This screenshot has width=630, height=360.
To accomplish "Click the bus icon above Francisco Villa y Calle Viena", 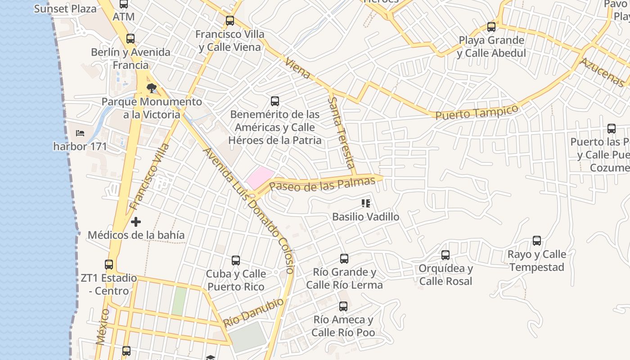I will tap(230, 21).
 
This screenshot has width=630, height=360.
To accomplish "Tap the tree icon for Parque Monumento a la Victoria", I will tap(152, 88).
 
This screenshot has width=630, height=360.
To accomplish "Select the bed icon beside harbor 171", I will tap(80, 133).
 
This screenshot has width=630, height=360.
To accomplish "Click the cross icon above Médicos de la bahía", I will tap(136, 222).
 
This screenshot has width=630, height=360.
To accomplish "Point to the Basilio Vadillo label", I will tap(365, 217).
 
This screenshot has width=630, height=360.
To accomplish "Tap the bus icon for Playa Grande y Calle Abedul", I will tap(491, 27).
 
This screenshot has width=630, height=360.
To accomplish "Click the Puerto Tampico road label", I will tap(477, 112).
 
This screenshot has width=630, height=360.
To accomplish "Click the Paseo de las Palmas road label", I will tap(322, 184).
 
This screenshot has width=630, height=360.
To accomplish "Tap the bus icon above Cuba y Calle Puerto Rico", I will tap(236, 261).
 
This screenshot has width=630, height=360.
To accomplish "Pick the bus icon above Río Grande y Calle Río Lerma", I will tap(344, 259).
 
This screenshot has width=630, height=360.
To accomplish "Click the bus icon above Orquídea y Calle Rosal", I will tap(445, 255).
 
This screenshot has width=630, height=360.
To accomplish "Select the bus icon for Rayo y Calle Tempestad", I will tap(537, 241).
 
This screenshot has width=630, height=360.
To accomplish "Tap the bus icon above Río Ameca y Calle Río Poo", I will tap(343, 306).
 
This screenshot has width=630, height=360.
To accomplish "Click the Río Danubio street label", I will tap(254, 312).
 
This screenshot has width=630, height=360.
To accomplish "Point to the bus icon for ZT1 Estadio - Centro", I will tap(109, 265).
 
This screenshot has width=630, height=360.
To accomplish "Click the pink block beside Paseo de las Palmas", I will tap(260, 177).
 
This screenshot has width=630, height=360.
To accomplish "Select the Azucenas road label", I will tap(603, 72).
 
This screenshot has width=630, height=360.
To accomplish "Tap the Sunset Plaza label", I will tap(65, 9).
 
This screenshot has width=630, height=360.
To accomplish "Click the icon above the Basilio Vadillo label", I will tap(366, 203).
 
